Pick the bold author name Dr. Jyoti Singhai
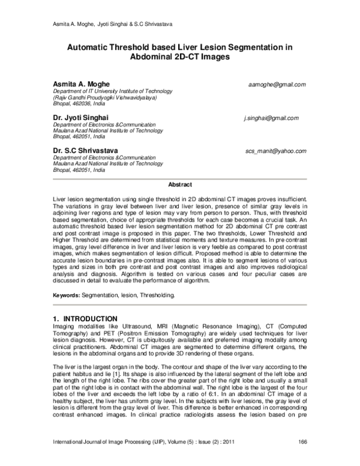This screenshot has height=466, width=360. click(x=81, y=118)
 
